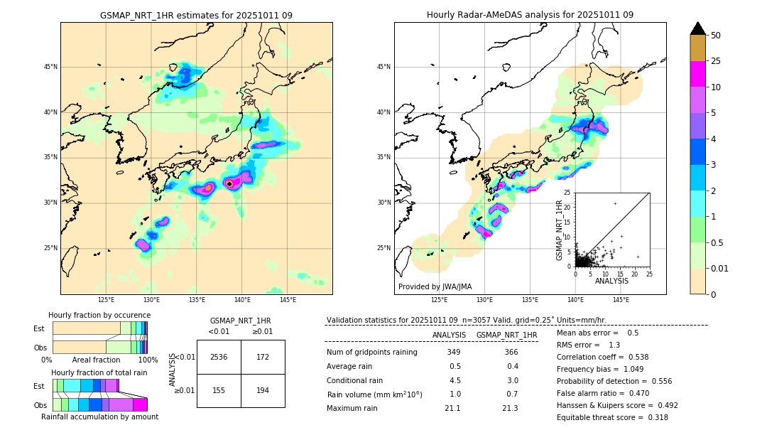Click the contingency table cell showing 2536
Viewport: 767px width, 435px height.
point(219,357)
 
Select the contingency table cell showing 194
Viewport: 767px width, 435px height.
point(263,391)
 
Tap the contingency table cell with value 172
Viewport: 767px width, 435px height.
point(263,357)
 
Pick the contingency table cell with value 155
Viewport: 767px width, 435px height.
point(219,391)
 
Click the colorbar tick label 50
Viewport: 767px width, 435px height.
point(716,36)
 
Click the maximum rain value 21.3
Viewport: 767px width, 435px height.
point(509,408)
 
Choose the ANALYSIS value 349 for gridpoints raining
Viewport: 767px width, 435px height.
point(454,353)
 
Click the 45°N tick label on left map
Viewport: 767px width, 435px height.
point(50,67)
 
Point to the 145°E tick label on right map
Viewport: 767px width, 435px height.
point(621,300)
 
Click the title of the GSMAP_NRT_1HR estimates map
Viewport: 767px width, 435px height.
point(196,15)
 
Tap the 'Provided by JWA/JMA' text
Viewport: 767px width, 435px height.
point(435,287)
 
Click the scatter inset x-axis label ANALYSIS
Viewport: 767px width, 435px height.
point(611,281)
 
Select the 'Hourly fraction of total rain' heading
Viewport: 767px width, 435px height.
point(99,372)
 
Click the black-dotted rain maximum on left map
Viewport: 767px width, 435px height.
point(229,183)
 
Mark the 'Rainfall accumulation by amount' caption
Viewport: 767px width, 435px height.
point(99,417)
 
